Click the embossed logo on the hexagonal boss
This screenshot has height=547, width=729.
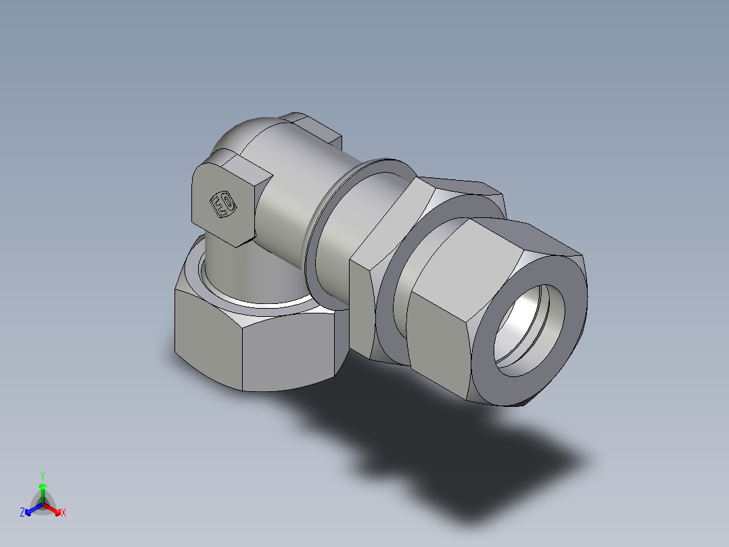tap(222, 204)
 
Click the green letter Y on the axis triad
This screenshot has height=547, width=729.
tap(42, 475)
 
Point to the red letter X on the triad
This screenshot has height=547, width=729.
tap(64, 512)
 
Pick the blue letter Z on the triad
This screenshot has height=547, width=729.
tap(22, 512)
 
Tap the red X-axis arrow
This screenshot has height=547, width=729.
tap(54, 508)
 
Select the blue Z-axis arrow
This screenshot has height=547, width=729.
tap(31, 508)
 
